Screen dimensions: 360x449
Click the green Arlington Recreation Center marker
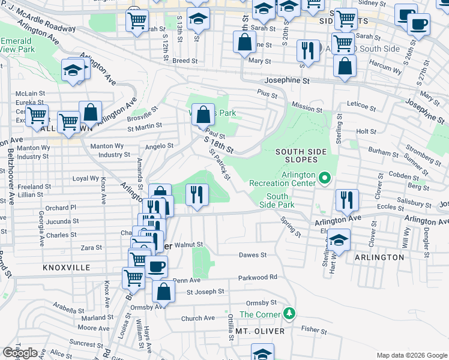pyautogui.click(x=325, y=178)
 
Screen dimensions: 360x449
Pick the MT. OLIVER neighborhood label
pyautogui.click(x=259, y=331)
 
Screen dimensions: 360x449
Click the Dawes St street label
pyautogui.click(x=253, y=255)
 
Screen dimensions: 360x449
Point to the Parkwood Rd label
pyautogui.click(x=258, y=277)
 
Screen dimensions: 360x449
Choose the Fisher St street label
pyautogui.click(x=313, y=329)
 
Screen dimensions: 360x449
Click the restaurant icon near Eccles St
pyautogui.click(x=346, y=200)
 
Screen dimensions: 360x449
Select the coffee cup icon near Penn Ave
pyautogui.click(x=156, y=266)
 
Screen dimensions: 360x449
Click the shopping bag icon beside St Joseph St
pyautogui.click(x=162, y=292)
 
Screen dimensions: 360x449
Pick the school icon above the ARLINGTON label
pyautogui.click(x=339, y=241)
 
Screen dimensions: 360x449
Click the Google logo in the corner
pyautogui.click(x=20, y=353)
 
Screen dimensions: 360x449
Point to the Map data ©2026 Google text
pyautogui.click(x=411, y=355)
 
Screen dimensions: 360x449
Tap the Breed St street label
pyautogui.click(x=185, y=61)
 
